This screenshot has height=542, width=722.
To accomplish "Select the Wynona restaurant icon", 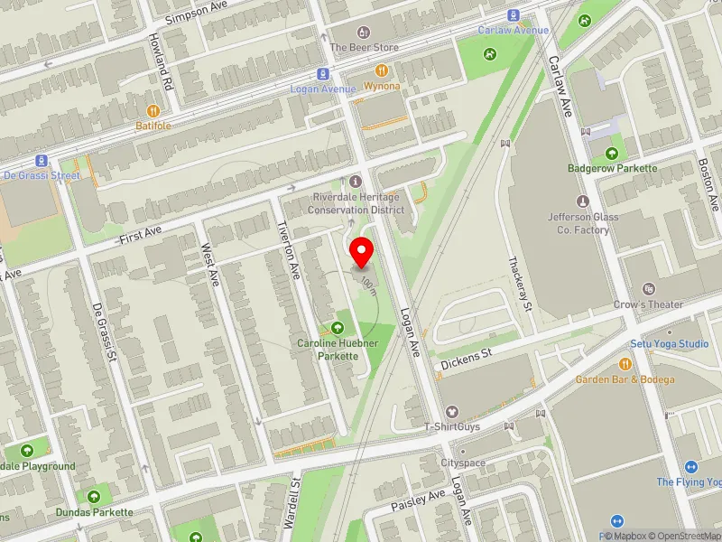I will click(x=382, y=70).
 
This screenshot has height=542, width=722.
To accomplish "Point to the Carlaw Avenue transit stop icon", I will click(x=514, y=14).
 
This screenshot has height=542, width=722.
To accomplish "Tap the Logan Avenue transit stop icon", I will click(x=322, y=74).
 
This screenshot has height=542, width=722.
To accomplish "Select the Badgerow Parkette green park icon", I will click(x=613, y=153).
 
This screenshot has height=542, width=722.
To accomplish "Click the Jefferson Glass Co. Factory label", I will click(x=579, y=223).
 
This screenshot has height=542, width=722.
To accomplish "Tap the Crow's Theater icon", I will click(x=649, y=289).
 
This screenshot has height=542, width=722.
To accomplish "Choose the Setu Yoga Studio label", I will click(x=669, y=344).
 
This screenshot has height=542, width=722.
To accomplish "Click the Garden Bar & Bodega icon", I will click(x=625, y=364).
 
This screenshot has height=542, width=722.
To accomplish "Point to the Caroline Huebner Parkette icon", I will click(x=338, y=327).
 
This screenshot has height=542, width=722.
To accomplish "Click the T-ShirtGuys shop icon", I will click(x=453, y=411).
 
